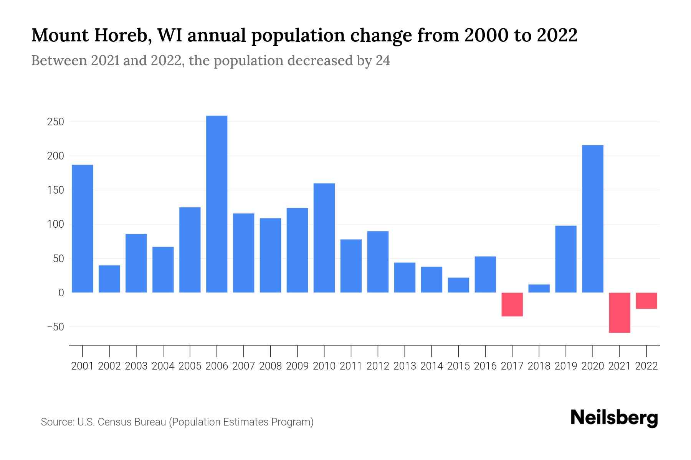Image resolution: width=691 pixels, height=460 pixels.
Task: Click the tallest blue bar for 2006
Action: [217, 204]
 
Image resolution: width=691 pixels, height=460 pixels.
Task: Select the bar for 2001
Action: [83, 228]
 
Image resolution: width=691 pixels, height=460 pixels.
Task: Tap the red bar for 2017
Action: [512, 304]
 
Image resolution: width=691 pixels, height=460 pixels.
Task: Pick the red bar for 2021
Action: [619, 312]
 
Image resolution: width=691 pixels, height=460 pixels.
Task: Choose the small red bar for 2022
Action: [646, 301]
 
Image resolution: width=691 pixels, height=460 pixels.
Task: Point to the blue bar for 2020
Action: [593, 219]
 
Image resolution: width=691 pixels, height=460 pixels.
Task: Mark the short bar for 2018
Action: [539, 288]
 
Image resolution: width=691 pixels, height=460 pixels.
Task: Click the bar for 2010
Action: [324, 238]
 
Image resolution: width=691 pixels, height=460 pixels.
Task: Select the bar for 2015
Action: [458, 285]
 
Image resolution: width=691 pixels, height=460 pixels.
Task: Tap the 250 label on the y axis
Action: [56, 122]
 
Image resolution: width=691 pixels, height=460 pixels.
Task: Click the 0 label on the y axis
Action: [61, 293]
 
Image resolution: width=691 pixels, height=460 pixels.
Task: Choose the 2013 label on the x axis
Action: [405, 366]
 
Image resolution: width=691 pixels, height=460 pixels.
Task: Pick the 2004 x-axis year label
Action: [163, 366]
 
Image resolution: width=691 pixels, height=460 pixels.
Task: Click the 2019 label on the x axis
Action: [566, 366]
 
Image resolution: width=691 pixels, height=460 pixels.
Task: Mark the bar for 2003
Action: [136, 263]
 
